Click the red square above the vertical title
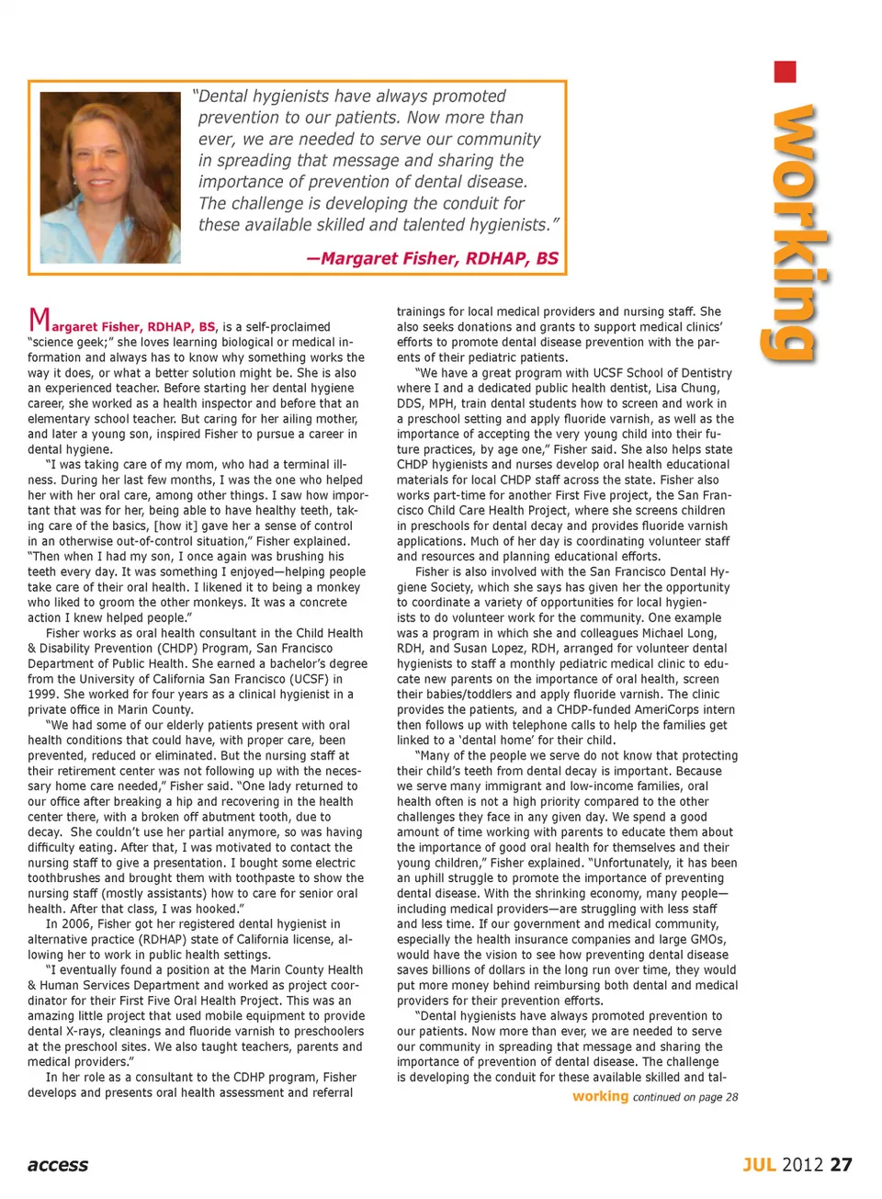(785, 73)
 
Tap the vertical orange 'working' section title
(789, 233)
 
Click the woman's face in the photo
(109, 156)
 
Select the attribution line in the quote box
(433, 258)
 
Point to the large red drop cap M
(40, 320)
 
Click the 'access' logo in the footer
(58, 1165)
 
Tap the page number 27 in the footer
(841, 1165)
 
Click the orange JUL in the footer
(760, 1165)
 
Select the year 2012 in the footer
(803, 1165)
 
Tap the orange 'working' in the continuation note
(600, 1096)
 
